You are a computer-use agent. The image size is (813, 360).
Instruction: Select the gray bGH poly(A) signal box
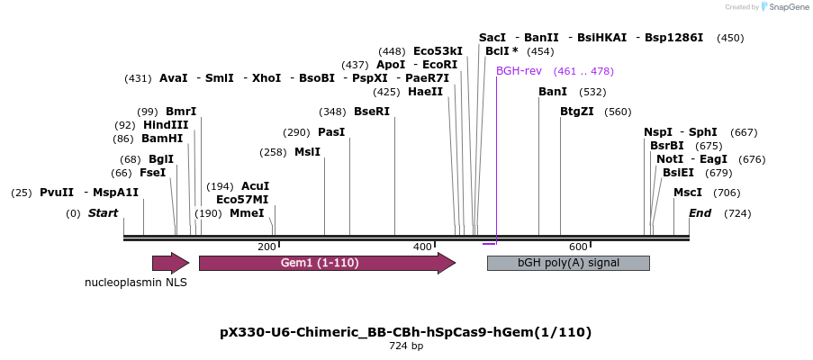[x=567, y=263]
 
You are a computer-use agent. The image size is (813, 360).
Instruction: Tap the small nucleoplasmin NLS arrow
[x=170, y=263]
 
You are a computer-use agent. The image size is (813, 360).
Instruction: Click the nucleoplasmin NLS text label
[x=136, y=283]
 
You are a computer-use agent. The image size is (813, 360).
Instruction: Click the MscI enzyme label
[x=688, y=193]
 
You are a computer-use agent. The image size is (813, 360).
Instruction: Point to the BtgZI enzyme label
[x=577, y=112]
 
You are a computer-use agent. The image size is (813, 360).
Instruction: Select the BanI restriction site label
[x=553, y=92]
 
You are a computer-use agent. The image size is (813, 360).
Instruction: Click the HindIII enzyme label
[x=166, y=125]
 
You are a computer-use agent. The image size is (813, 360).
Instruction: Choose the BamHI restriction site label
[x=162, y=139]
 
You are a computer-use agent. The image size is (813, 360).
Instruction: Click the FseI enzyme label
[x=152, y=173]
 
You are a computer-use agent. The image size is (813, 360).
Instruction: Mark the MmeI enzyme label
[x=247, y=213]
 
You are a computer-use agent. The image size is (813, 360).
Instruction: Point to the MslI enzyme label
[x=307, y=152]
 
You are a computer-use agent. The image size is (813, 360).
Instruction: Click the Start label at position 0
[x=103, y=213]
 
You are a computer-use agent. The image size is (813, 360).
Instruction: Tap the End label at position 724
[x=700, y=213]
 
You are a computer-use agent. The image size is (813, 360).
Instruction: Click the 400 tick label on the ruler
[x=422, y=247]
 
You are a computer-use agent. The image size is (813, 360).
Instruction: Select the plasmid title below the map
[x=406, y=332]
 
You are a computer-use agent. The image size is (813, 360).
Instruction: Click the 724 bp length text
[x=406, y=346]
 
